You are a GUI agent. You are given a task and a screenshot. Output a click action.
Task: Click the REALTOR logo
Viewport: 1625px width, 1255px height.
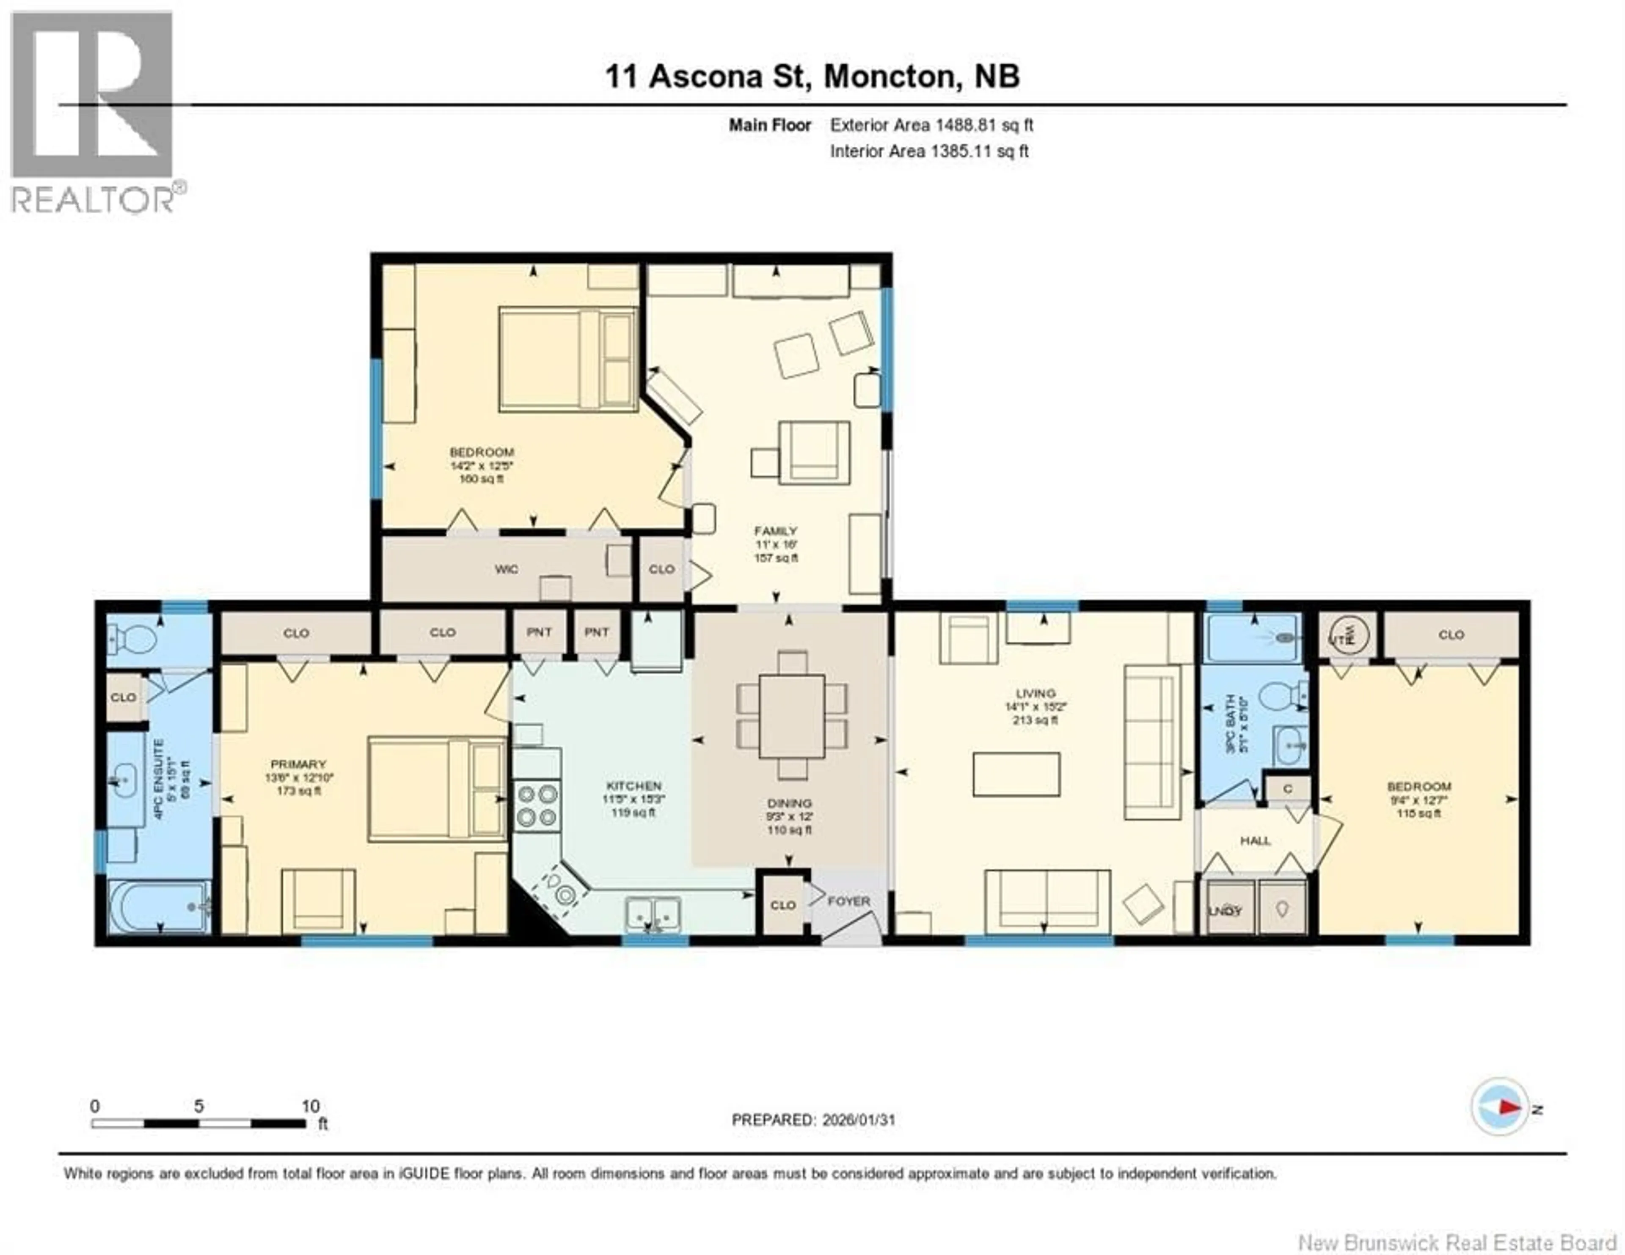point(93,112)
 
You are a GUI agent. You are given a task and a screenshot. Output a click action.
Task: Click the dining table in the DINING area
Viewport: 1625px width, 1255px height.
point(792,716)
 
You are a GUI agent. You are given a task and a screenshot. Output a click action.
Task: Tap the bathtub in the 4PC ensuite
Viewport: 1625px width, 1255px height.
point(159,907)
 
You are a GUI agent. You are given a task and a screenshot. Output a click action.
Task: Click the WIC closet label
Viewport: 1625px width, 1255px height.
point(506,569)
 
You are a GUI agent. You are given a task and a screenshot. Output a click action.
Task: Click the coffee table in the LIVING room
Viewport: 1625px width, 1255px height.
point(1016,774)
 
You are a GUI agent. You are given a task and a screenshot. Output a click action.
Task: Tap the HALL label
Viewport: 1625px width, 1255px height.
point(1255,840)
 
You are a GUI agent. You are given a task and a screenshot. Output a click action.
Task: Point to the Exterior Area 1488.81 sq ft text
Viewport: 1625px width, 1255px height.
point(931,125)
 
